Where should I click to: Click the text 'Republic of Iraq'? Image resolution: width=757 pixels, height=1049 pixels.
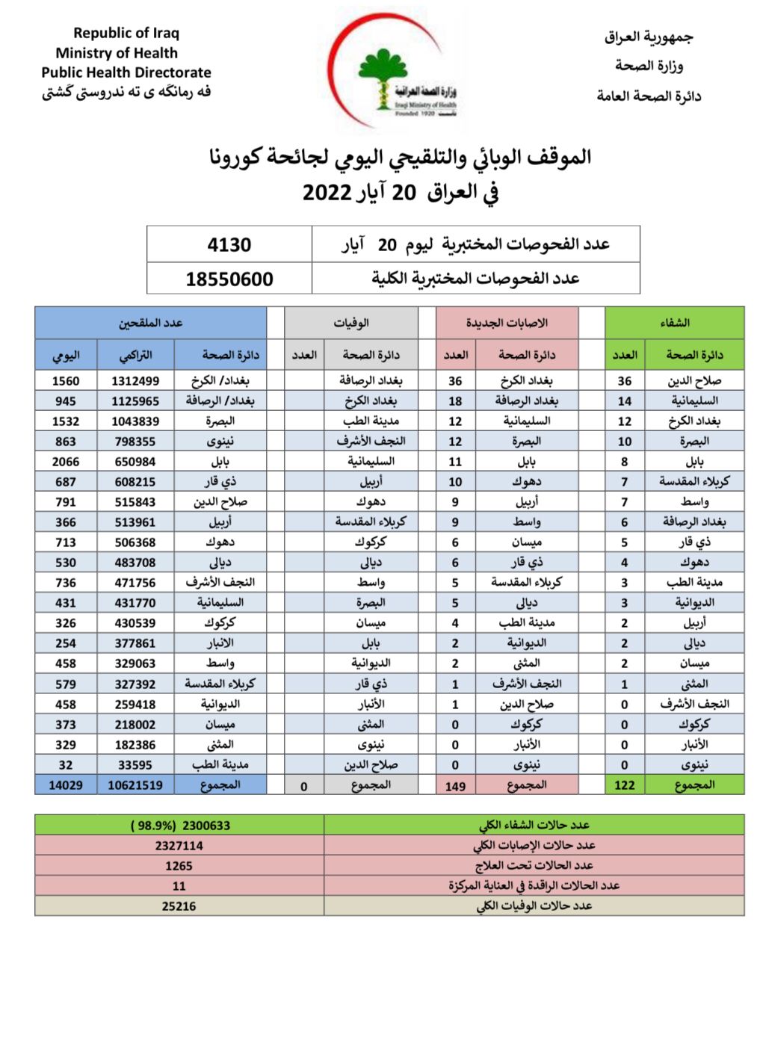click(x=126, y=33)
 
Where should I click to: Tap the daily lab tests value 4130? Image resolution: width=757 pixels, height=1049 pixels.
click(x=229, y=245)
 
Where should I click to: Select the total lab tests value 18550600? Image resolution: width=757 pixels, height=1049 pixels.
click(x=229, y=279)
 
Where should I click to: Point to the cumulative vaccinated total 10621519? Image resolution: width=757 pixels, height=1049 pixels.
click(x=135, y=785)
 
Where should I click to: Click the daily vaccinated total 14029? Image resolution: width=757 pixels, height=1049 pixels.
click(x=65, y=785)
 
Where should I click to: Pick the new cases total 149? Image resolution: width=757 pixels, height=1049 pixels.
click(x=454, y=786)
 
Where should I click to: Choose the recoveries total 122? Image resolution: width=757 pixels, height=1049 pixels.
click(x=624, y=785)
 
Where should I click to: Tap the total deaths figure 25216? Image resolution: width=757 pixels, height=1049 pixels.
click(x=179, y=906)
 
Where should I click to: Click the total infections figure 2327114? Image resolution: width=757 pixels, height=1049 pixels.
click(x=179, y=846)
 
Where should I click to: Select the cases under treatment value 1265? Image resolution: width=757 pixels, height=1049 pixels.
click(x=179, y=866)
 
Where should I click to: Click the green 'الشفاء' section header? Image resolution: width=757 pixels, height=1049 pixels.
click(x=674, y=323)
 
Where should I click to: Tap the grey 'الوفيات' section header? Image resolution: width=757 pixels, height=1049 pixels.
click(x=350, y=323)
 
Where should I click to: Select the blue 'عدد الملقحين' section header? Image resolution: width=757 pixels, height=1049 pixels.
click(x=150, y=323)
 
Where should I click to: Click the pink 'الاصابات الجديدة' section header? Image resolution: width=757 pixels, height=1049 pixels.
click(x=507, y=323)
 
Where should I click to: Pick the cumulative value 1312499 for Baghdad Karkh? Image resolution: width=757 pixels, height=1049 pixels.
click(x=135, y=381)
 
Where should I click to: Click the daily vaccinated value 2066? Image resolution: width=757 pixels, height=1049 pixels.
click(x=65, y=462)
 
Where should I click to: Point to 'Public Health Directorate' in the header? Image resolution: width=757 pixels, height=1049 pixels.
click(x=126, y=72)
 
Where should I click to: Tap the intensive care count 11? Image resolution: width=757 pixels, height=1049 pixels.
click(x=179, y=886)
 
